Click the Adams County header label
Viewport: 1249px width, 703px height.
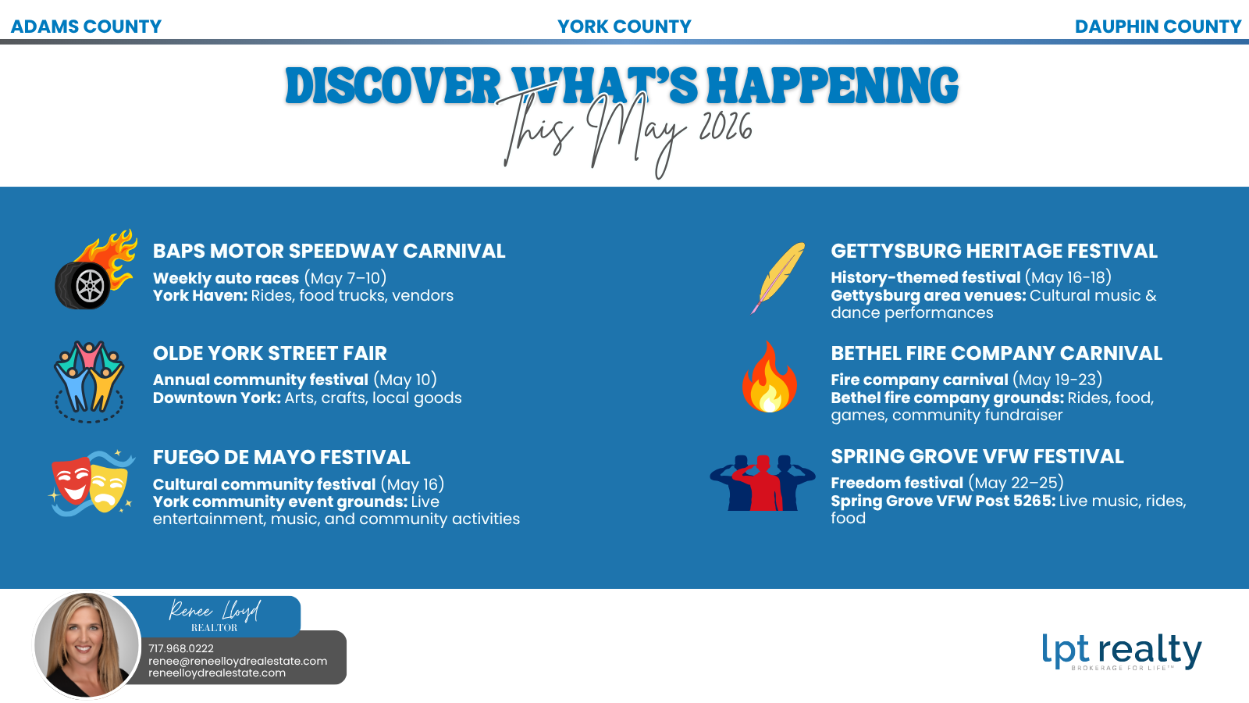tap(86, 27)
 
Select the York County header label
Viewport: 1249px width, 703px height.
tap(624, 27)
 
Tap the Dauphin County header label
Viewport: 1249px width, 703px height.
tap(1157, 27)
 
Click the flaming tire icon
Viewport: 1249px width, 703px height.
tap(94, 271)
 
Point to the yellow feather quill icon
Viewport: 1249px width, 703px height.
tap(779, 277)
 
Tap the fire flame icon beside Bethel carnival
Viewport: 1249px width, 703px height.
tap(770, 378)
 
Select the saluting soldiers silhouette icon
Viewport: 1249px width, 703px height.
tap(762, 483)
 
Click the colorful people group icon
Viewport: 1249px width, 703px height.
tap(89, 380)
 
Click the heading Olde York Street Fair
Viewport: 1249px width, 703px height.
tap(269, 353)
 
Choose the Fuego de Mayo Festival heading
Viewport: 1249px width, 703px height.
tap(281, 457)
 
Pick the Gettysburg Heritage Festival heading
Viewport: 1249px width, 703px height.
tap(994, 251)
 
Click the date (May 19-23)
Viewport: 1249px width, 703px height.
tap(1057, 380)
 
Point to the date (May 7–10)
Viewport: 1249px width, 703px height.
tap(345, 278)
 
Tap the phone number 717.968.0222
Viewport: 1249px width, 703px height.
tap(181, 648)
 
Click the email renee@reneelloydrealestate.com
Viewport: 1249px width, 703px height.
tap(237, 661)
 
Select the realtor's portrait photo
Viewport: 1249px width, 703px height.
tap(87, 645)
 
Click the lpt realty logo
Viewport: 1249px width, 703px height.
tap(1121, 651)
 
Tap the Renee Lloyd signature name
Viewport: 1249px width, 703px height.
tap(214, 610)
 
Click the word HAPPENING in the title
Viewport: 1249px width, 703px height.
tap(832, 86)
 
